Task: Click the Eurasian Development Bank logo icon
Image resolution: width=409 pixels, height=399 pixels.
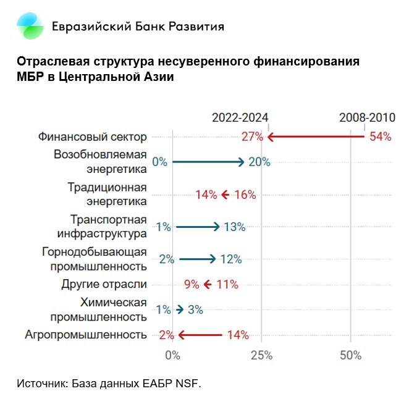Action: [x=30, y=26]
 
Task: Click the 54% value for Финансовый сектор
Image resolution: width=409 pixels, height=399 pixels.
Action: [x=380, y=137]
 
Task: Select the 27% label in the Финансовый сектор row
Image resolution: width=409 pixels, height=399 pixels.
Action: [x=252, y=137]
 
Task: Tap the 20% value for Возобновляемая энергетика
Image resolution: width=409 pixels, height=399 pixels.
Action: [x=259, y=162]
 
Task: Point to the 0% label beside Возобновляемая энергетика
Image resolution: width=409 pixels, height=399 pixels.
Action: [x=159, y=162]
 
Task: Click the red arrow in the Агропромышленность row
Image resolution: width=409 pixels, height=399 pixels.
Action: [x=200, y=335]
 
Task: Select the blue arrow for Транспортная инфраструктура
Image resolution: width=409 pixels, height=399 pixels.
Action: [x=197, y=227]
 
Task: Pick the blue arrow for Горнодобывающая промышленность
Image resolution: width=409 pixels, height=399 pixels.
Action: [x=197, y=259]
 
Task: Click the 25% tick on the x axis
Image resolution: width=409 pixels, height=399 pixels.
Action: [x=261, y=355]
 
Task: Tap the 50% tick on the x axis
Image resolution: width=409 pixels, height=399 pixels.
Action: [x=350, y=355]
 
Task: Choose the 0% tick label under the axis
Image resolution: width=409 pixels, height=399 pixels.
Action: [x=172, y=355]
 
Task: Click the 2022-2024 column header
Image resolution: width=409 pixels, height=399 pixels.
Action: [x=240, y=118]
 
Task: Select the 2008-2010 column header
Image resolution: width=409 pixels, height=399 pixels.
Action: [x=367, y=118]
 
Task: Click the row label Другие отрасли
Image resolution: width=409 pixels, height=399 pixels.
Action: [x=104, y=285]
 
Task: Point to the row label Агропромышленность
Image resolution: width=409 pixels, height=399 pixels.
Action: [x=86, y=335]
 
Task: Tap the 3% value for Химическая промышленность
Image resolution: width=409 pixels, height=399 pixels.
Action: [x=195, y=310]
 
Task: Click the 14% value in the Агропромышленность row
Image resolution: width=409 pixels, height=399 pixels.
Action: [x=237, y=335]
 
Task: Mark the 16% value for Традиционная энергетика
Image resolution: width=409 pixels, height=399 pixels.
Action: [x=245, y=195]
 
